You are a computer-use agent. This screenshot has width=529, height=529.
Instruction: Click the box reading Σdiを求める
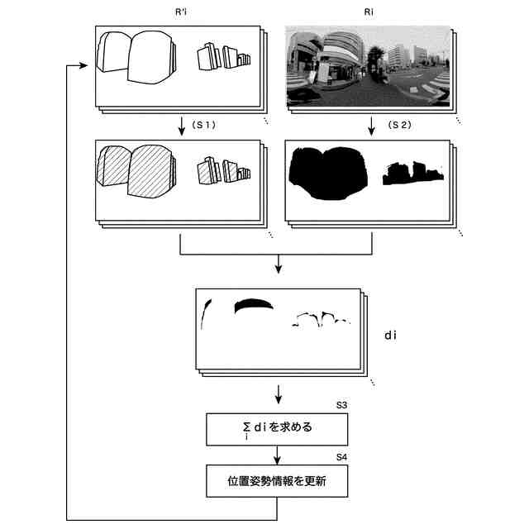point(277,429)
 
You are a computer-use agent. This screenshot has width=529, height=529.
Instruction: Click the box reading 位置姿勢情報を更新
point(277,480)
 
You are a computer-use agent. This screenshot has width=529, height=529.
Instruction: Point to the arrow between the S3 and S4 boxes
point(278,455)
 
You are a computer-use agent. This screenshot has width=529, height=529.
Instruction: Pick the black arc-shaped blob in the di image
point(253,306)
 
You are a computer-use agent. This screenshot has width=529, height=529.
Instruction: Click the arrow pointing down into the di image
point(278,265)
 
